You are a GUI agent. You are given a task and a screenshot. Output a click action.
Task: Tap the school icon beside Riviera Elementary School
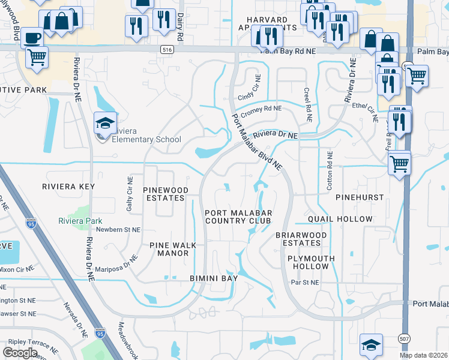click(x=103, y=123)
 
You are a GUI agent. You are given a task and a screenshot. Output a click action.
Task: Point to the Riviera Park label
click(x=81, y=221)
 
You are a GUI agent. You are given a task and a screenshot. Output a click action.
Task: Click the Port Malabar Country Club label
click(x=239, y=217)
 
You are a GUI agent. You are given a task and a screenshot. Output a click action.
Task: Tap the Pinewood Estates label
click(x=166, y=194)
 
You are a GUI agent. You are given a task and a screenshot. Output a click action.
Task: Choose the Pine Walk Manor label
click(x=169, y=249)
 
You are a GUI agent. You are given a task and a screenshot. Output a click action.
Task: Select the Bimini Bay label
click(x=205, y=278)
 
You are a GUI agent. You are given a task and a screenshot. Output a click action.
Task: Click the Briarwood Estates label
click(x=301, y=239)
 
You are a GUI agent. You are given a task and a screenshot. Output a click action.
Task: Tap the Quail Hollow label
click(x=340, y=219)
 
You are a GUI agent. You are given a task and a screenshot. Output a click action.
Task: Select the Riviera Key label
click(x=68, y=187)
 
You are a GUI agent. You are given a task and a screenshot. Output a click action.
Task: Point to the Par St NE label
click(x=304, y=281)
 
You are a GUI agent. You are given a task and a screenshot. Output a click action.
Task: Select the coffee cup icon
click(x=32, y=38)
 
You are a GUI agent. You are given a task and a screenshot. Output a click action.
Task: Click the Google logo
click(x=20, y=353)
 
